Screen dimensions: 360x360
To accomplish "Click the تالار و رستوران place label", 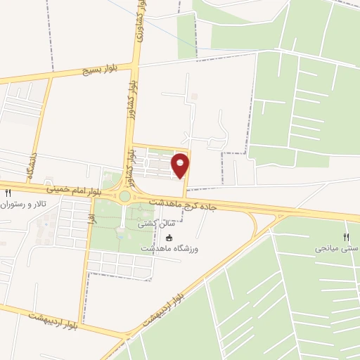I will [27, 205].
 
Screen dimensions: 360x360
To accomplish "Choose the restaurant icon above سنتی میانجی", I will [345, 237].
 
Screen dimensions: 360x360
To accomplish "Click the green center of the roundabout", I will [124, 196].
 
